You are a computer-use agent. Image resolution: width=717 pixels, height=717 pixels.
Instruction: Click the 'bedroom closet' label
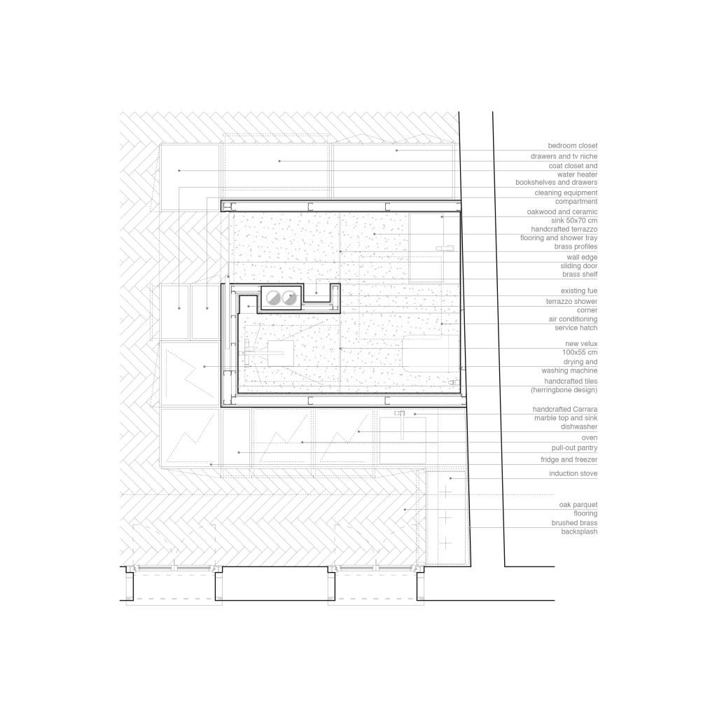point(573,146)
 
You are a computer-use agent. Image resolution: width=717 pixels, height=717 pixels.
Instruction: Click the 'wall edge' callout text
point(582,257)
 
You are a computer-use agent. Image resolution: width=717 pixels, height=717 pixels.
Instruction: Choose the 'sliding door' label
point(579,266)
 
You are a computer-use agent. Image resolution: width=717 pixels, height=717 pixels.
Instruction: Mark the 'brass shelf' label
point(580,275)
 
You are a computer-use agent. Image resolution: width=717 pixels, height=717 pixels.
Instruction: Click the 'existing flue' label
point(578,291)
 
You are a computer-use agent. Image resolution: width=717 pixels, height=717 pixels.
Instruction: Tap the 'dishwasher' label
point(579,426)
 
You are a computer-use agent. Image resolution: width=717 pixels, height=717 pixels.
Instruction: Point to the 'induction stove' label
point(573,474)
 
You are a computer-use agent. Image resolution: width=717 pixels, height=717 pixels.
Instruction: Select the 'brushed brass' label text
point(574,523)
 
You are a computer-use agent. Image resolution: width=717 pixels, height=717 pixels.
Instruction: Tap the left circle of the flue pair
point(272,297)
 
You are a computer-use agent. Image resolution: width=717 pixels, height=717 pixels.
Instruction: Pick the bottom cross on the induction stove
point(445,543)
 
